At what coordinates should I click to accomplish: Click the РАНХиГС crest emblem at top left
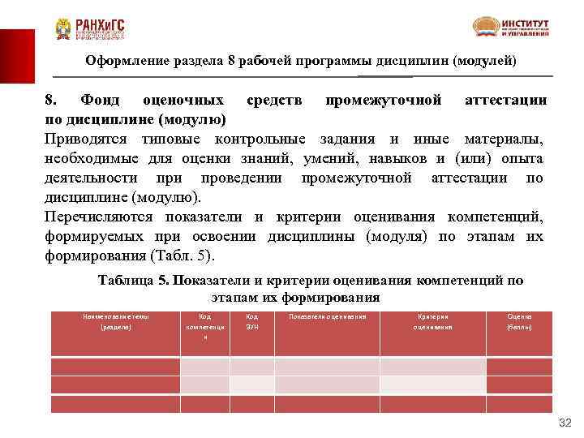62,29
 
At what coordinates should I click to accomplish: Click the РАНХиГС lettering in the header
99,24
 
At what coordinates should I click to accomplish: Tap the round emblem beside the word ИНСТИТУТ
487,27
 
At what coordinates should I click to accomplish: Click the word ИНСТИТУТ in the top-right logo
525,23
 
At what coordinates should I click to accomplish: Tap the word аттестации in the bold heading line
504,101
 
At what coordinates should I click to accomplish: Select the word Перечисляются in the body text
100,217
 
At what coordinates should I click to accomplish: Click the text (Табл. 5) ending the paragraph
186,255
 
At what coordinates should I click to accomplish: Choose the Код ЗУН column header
251,321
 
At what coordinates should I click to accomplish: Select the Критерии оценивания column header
433,321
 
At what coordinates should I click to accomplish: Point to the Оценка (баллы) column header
519,321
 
